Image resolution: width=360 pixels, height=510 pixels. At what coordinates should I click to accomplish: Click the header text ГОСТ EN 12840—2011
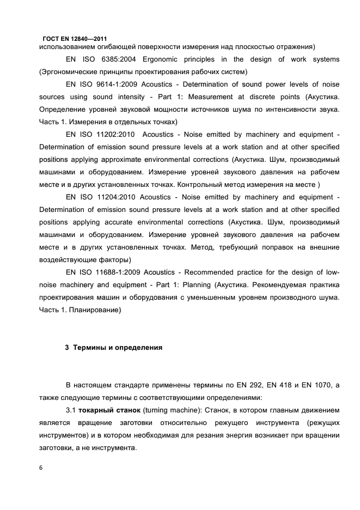pyautogui.click(x=74, y=39)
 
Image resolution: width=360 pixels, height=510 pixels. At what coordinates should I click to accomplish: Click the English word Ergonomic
pyautogui.click(x=166, y=59)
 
